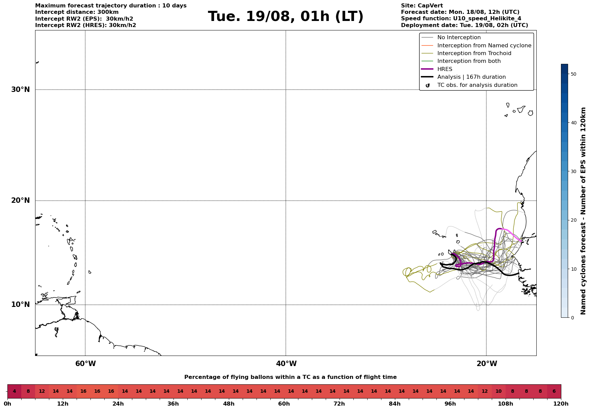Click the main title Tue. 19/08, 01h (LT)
286,17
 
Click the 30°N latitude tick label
20,90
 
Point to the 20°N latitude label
20,200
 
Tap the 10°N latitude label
20,305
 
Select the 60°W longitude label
85,364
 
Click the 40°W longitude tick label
286,364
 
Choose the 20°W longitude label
487,364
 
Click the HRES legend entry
445,69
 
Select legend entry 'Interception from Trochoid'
474,53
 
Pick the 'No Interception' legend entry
459,38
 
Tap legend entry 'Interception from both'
469,61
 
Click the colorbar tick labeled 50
573,74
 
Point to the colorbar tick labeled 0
572,318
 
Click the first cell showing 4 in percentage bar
14,391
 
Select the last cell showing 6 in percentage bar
554,391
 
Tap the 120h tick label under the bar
561,404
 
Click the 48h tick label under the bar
229,404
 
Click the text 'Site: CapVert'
422,6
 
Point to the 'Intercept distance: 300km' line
77,12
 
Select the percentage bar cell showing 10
499,391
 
